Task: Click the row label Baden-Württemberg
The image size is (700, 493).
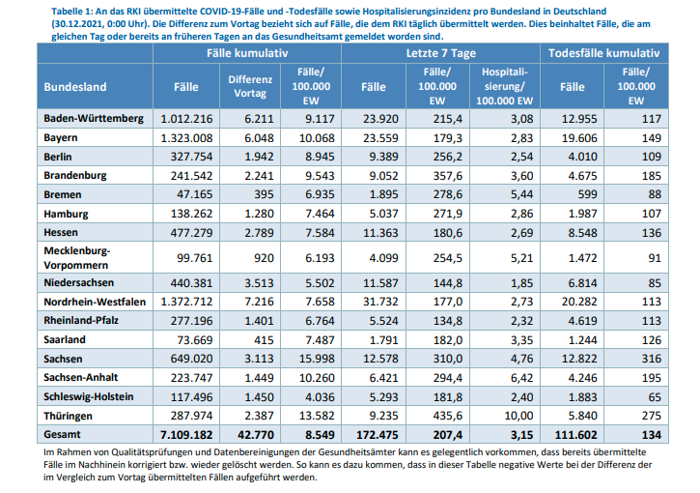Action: [93, 119]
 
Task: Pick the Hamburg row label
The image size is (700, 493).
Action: [68, 213]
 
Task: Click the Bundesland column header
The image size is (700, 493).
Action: [75, 87]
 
